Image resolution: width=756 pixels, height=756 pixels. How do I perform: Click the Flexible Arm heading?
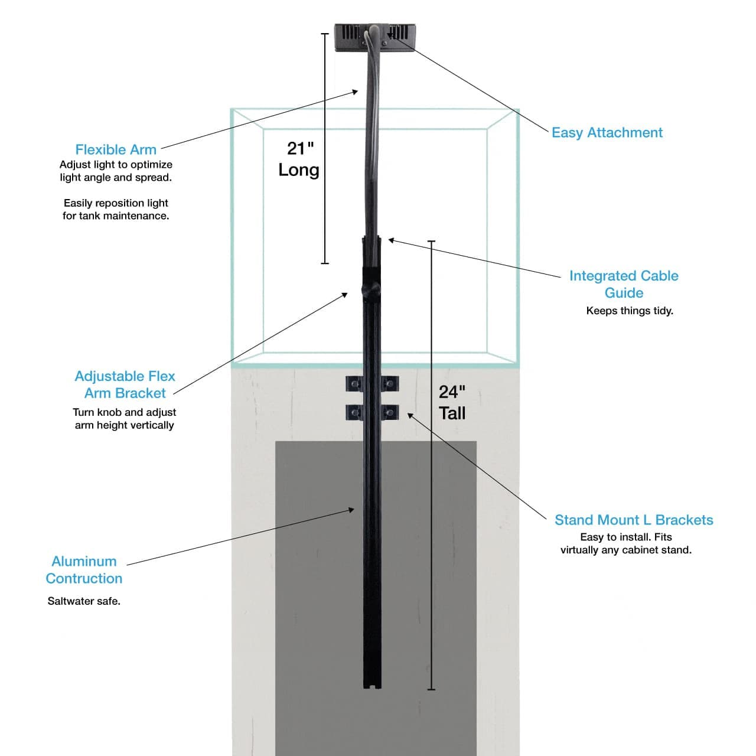click(x=116, y=150)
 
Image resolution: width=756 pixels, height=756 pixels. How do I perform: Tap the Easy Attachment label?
click(x=607, y=133)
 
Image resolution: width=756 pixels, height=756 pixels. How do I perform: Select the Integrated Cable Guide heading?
click(x=624, y=284)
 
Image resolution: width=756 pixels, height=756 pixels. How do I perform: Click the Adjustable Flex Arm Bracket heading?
click(x=125, y=384)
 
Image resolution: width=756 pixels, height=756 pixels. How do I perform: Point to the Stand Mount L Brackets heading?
click(x=634, y=520)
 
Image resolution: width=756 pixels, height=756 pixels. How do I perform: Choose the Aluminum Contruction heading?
click(x=84, y=570)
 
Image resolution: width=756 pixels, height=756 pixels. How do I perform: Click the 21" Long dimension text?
click(x=299, y=159)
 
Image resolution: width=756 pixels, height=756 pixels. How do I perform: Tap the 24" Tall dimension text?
click(x=452, y=402)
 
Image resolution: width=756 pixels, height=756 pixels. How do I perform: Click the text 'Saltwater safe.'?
click(x=84, y=601)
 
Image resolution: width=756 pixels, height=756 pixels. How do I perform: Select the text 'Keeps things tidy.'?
click(x=630, y=311)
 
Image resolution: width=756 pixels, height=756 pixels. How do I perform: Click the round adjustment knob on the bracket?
click(x=368, y=291)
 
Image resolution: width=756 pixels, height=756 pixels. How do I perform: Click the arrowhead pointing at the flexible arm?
click(x=356, y=91)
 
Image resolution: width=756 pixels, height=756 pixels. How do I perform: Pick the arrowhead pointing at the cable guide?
click(x=391, y=240)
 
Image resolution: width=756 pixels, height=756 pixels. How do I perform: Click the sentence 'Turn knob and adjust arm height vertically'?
click(x=125, y=419)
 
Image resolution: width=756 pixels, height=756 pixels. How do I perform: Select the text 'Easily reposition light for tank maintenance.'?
click(x=116, y=210)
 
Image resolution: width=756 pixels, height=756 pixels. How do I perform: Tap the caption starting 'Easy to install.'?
click(x=626, y=543)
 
